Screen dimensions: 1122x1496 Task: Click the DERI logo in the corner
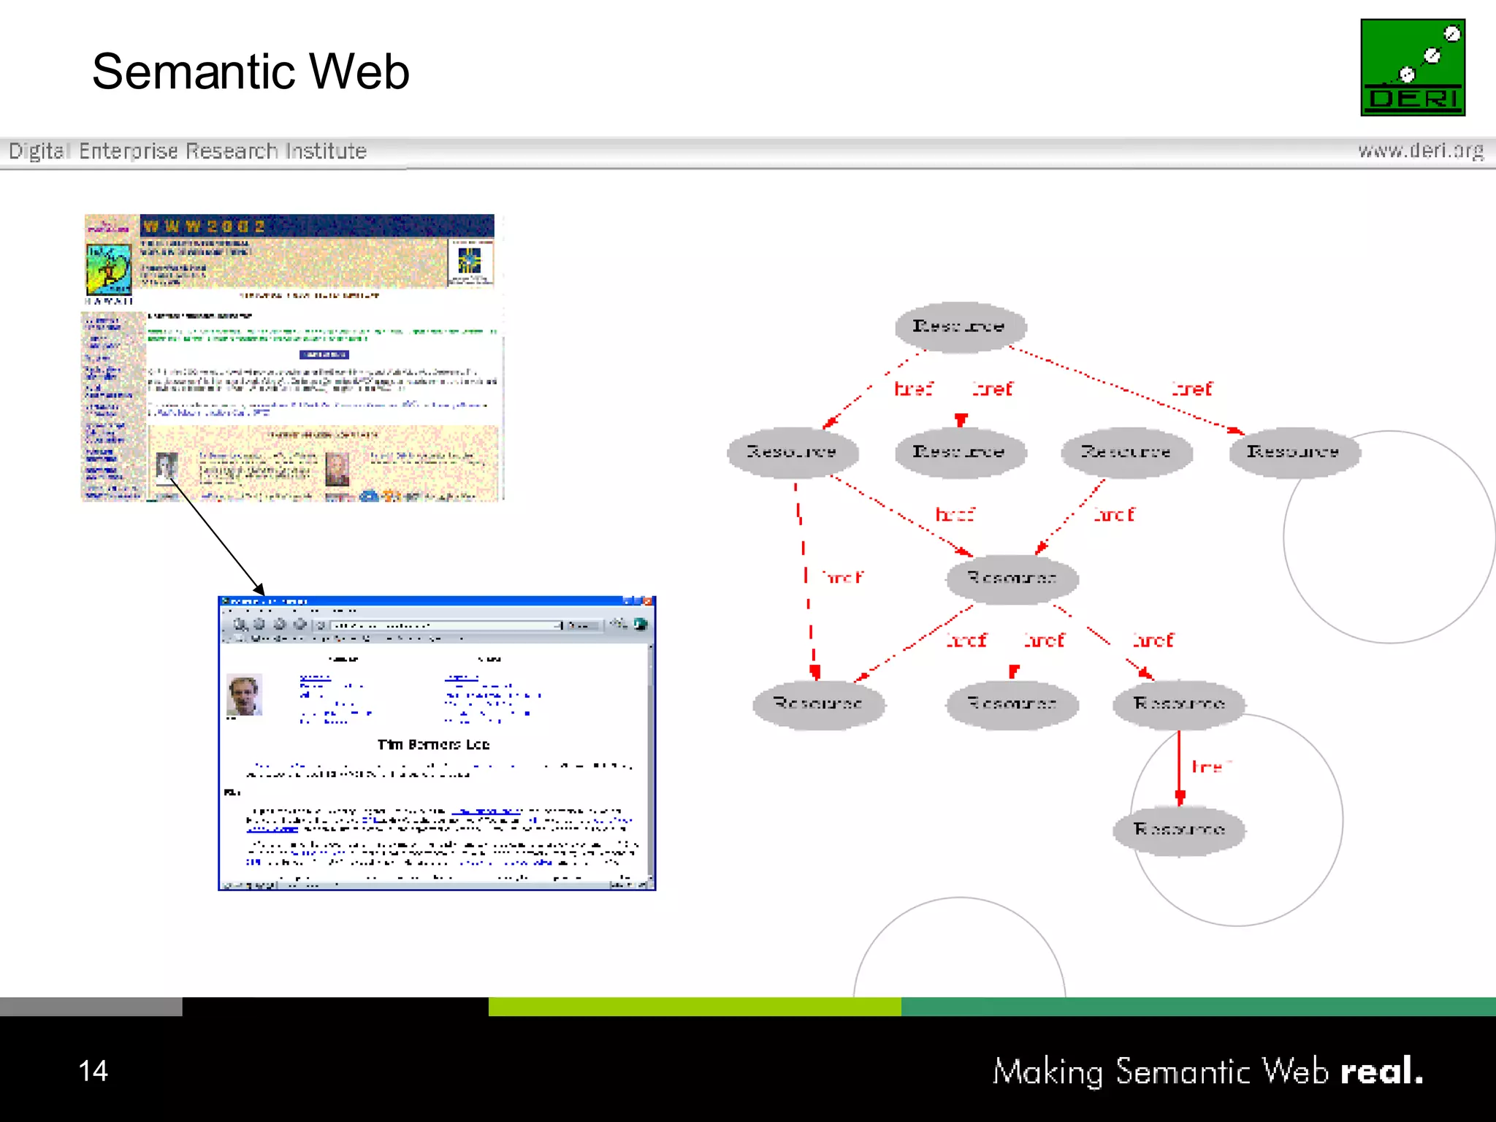click(x=1412, y=67)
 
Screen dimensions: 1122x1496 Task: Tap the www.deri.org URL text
click(x=1420, y=150)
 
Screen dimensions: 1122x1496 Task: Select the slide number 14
click(x=93, y=1071)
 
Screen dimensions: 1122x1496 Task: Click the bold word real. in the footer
click(x=1381, y=1072)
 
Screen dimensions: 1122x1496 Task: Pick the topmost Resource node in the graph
click(x=960, y=327)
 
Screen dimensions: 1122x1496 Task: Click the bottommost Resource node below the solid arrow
click(x=1178, y=830)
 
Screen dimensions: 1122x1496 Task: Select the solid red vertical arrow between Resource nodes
click(x=1179, y=767)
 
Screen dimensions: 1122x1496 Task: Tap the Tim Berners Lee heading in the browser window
click(x=433, y=744)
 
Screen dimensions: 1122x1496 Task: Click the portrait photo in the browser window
click(x=244, y=695)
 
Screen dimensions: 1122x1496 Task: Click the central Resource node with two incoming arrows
click(x=1012, y=579)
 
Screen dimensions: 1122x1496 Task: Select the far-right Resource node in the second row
click(x=1293, y=452)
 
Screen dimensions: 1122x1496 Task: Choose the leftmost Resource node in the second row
click(x=792, y=452)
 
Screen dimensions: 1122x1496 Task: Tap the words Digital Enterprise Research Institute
click(x=187, y=151)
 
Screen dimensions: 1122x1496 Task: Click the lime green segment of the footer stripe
click(x=694, y=1007)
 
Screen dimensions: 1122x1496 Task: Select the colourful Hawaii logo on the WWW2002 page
click(x=109, y=269)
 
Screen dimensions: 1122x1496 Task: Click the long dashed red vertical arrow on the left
click(x=806, y=577)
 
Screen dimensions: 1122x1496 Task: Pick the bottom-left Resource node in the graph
click(x=818, y=703)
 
